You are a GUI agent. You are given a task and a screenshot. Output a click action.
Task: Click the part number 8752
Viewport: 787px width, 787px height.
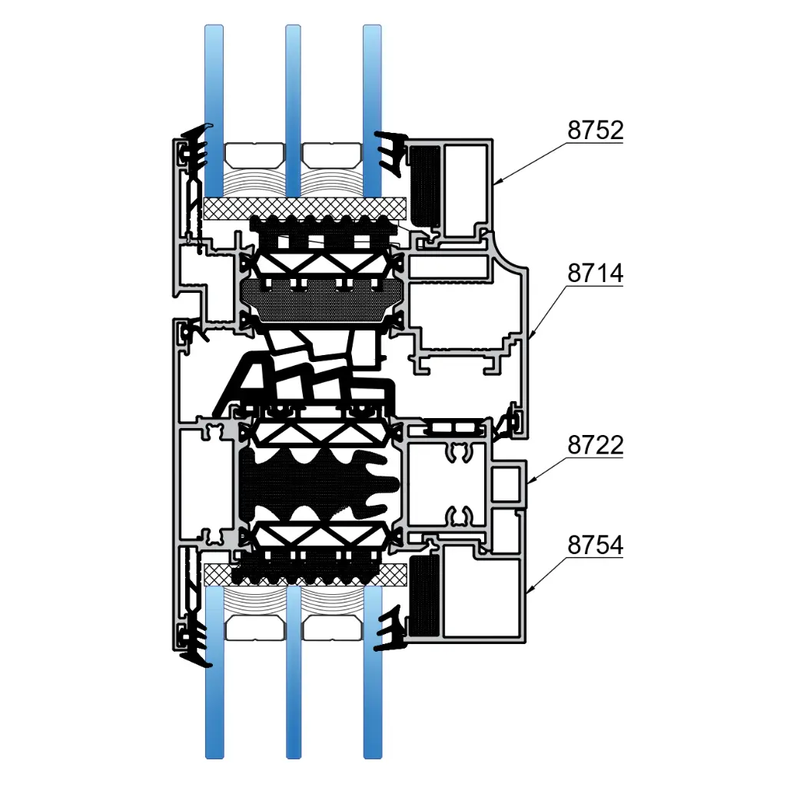tap(596, 131)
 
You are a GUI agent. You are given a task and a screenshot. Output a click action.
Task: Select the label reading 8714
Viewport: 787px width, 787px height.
tap(596, 274)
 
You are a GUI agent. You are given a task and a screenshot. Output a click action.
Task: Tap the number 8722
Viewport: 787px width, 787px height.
tap(596, 445)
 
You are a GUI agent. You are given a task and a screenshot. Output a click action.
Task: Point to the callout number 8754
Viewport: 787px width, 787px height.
tap(596, 545)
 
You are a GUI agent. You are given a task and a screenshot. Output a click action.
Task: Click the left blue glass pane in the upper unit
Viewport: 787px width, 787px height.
tap(214, 111)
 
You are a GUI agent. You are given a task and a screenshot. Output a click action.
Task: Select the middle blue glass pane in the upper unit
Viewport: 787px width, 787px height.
tap(293, 111)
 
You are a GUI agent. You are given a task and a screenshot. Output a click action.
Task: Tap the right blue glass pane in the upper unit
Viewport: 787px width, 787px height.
tap(372, 111)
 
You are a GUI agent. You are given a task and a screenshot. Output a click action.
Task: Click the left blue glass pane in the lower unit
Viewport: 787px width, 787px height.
tap(214, 672)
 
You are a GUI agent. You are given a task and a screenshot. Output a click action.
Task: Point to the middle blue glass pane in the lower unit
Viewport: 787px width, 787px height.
tap(294, 672)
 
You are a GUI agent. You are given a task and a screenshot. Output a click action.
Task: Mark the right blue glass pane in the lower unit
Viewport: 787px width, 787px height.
tap(373, 672)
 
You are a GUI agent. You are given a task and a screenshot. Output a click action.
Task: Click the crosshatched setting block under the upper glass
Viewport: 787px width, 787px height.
tap(304, 208)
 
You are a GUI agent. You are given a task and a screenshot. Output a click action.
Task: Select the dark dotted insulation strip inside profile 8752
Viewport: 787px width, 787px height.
tap(425, 186)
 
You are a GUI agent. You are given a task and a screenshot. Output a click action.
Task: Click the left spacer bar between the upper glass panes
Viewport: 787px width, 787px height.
tap(254, 155)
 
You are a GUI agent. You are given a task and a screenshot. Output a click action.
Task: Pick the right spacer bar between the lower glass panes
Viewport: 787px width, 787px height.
tap(333, 628)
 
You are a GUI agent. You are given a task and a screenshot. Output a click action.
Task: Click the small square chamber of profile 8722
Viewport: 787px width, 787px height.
tap(506, 484)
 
